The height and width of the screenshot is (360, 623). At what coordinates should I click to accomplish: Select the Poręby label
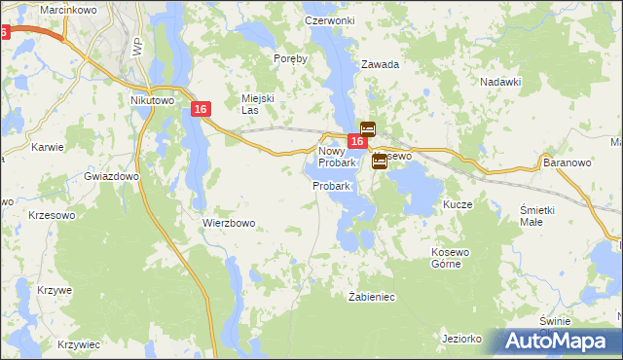pos(290,58)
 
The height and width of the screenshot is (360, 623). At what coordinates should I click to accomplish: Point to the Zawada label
pos(381,64)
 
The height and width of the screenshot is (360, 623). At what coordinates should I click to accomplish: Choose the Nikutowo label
pos(151,99)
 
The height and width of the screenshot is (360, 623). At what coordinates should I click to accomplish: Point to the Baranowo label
pos(568,162)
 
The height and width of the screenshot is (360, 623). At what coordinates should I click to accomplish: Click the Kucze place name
pos(458,205)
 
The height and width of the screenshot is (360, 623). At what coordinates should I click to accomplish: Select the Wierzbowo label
pos(229,223)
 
